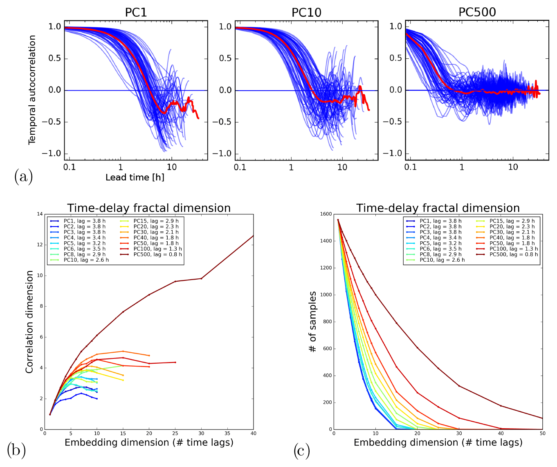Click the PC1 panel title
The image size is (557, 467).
136,12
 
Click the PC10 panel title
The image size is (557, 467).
306,12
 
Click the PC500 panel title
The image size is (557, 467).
477,12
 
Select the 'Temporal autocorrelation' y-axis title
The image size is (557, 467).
32,90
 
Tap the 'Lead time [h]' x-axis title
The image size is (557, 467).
135,178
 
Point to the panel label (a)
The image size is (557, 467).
23,176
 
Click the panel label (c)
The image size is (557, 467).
302,451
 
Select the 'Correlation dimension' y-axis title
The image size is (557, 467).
29,322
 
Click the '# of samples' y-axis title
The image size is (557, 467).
313,322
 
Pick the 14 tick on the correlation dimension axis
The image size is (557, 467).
39,214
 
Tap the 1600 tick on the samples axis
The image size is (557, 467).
326,214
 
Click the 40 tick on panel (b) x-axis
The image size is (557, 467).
254,434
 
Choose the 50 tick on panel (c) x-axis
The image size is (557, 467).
542,434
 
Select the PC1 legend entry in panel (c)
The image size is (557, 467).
440,221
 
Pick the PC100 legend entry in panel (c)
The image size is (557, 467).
514,249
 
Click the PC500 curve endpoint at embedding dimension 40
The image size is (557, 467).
254,236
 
